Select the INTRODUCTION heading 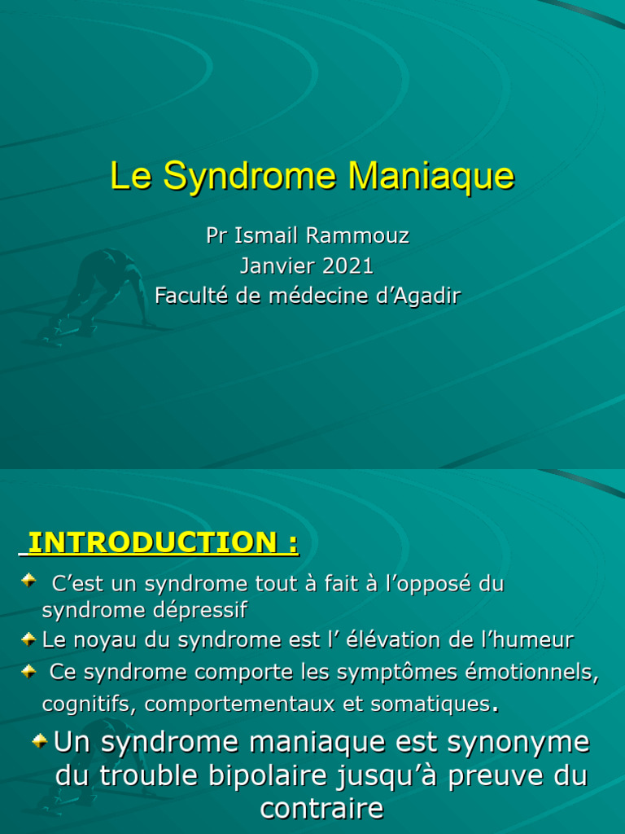(162, 542)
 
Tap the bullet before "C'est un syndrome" (28, 581)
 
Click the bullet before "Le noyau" (28, 639)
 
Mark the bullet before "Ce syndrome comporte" (28, 670)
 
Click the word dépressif (202, 610)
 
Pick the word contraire (321, 808)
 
